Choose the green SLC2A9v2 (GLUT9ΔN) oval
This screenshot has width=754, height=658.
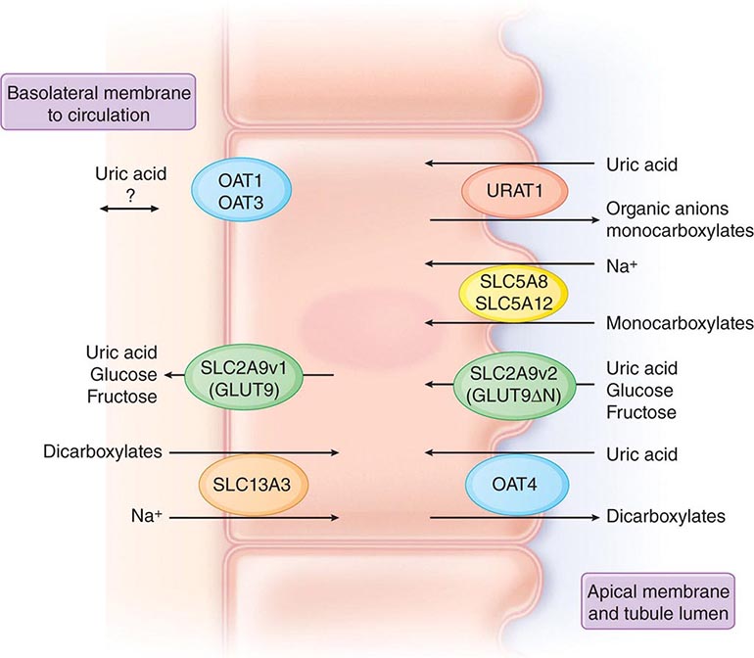514,383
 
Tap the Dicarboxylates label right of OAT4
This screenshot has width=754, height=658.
666,516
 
